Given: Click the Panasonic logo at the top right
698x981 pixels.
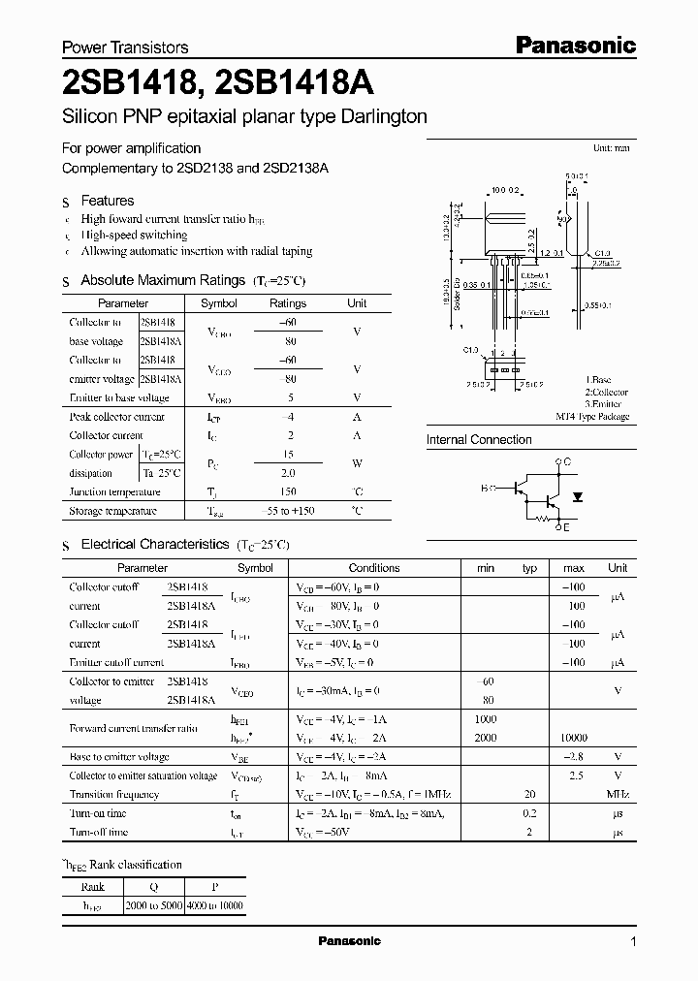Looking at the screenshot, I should (574, 45).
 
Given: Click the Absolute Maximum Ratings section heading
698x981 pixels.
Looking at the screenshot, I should (162, 280).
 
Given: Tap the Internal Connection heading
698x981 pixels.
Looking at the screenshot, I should (479, 439).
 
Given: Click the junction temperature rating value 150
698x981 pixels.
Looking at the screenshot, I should (287, 492).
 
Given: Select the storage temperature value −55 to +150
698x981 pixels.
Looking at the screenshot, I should (287, 511).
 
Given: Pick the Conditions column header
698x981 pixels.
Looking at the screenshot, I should (373, 568).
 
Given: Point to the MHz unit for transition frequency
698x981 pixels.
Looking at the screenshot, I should (618, 794).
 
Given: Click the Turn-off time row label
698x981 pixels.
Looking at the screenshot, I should (98, 832).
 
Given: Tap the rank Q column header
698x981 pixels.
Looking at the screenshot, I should (153, 886).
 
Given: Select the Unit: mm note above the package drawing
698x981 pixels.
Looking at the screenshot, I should (611, 148).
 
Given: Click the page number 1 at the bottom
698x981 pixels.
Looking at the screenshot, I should (633, 941).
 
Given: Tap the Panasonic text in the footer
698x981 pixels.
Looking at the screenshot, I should (350, 941).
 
